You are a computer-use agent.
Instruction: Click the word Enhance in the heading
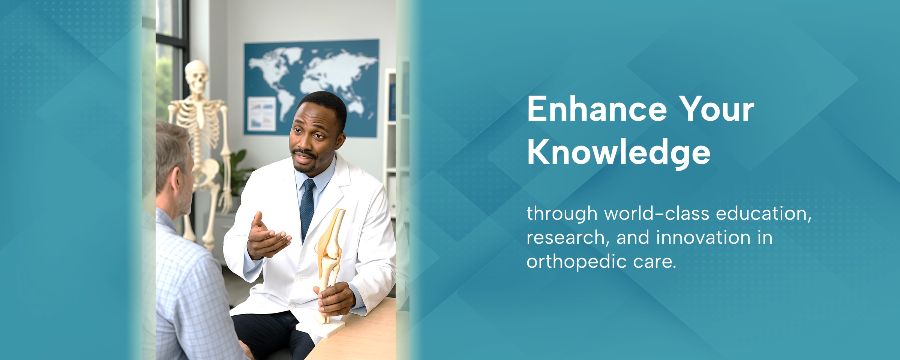click(597, 109)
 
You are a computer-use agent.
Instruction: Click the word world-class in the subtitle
click(657, 214)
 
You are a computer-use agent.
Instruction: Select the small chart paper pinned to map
click(262, 113)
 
